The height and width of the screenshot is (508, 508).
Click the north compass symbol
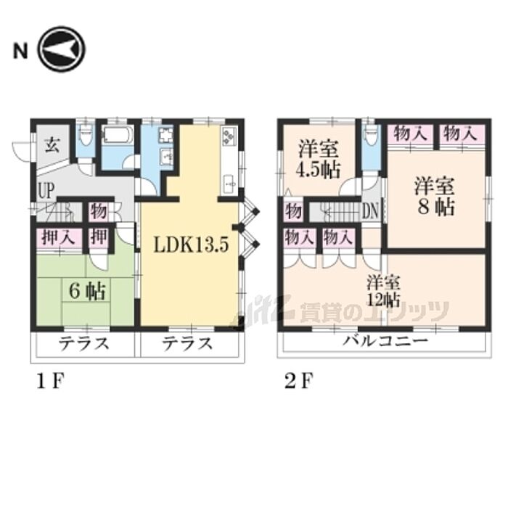[62, 49]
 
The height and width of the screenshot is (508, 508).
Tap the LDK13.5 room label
[191, 245]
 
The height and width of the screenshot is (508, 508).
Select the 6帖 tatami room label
[88, 291]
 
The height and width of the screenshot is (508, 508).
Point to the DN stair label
[369, 212]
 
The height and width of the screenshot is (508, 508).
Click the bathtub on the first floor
[117, 135]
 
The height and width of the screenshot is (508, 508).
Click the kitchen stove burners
[229, 136]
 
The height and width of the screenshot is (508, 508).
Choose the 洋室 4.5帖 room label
[319, 159]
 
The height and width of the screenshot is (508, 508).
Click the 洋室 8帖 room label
[435, 196]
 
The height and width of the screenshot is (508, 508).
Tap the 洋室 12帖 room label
[383, 291]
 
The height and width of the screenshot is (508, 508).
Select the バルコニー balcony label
[385, 340]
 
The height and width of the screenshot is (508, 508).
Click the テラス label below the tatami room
[84, 344]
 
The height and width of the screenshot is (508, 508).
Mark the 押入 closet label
[59, 237]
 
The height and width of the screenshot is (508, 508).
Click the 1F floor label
[51, 381]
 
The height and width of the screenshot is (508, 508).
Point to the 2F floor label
[298, 381]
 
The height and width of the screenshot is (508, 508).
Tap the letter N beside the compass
[20, 52]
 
